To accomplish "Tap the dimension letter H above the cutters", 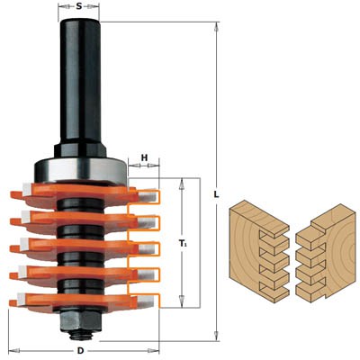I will (x=144, y=158).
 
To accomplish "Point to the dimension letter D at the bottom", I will (x=80, y=350).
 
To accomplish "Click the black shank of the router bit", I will (x=80, y=81).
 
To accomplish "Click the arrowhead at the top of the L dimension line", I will (x=219, y=28).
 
